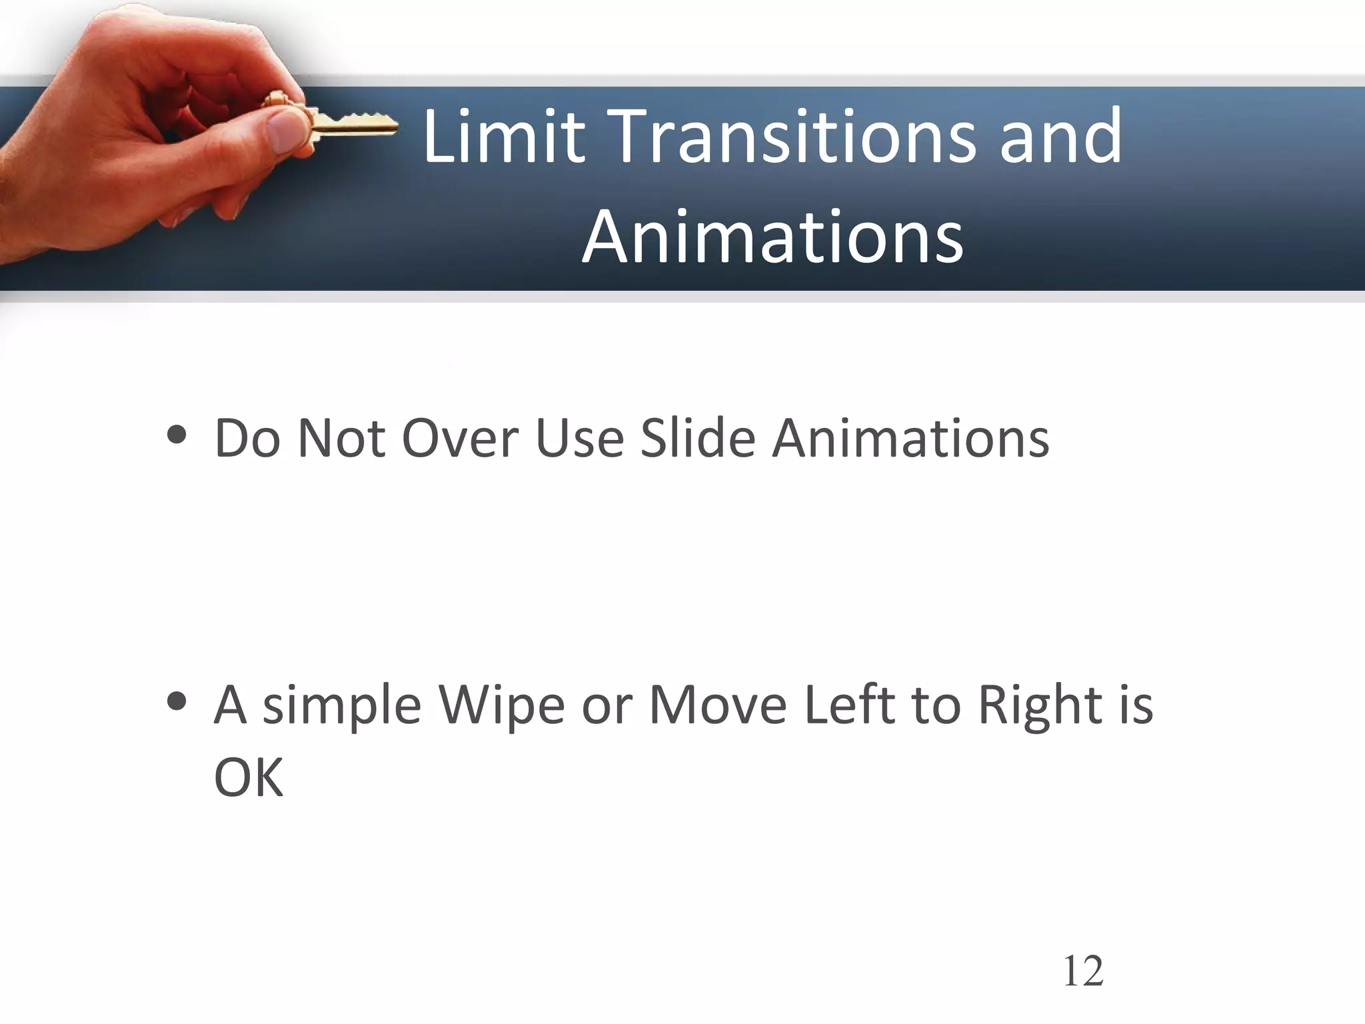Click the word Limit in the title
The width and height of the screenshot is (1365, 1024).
(x=504, y=137)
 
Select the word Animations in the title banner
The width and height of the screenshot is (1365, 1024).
(x=772, y=237)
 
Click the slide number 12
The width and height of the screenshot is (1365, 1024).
(x=1083, y=971)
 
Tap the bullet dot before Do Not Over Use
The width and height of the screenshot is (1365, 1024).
(x=177, y=437)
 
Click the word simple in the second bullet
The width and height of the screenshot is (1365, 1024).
(x=342, y=707)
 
